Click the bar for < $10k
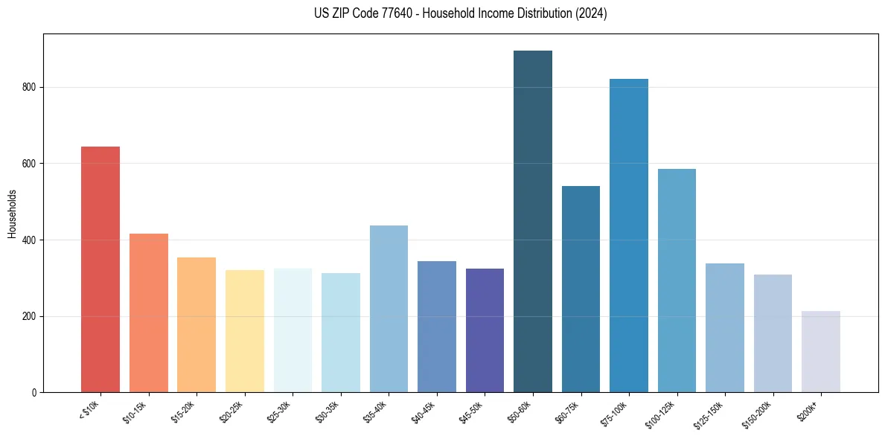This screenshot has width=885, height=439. click(x=100, y=269)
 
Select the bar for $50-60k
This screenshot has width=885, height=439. click(x=533, y=222)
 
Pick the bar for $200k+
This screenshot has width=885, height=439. click(x=821, y=351)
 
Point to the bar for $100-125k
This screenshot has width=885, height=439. click(x=677, y=281)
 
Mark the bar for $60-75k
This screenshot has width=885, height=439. click(x=581, y=289)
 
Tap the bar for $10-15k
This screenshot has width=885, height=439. click(x=149, y=313)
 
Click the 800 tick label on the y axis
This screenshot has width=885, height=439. click(x=32, y=87)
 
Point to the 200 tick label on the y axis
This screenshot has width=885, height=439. click(x=32, y=316)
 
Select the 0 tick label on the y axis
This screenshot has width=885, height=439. click(x=36, y=393)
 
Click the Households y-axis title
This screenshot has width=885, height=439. click(x=13, y=214)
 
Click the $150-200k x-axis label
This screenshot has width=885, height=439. click(x=766, y=413)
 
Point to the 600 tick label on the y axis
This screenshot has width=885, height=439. click(x=32, y=164)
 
